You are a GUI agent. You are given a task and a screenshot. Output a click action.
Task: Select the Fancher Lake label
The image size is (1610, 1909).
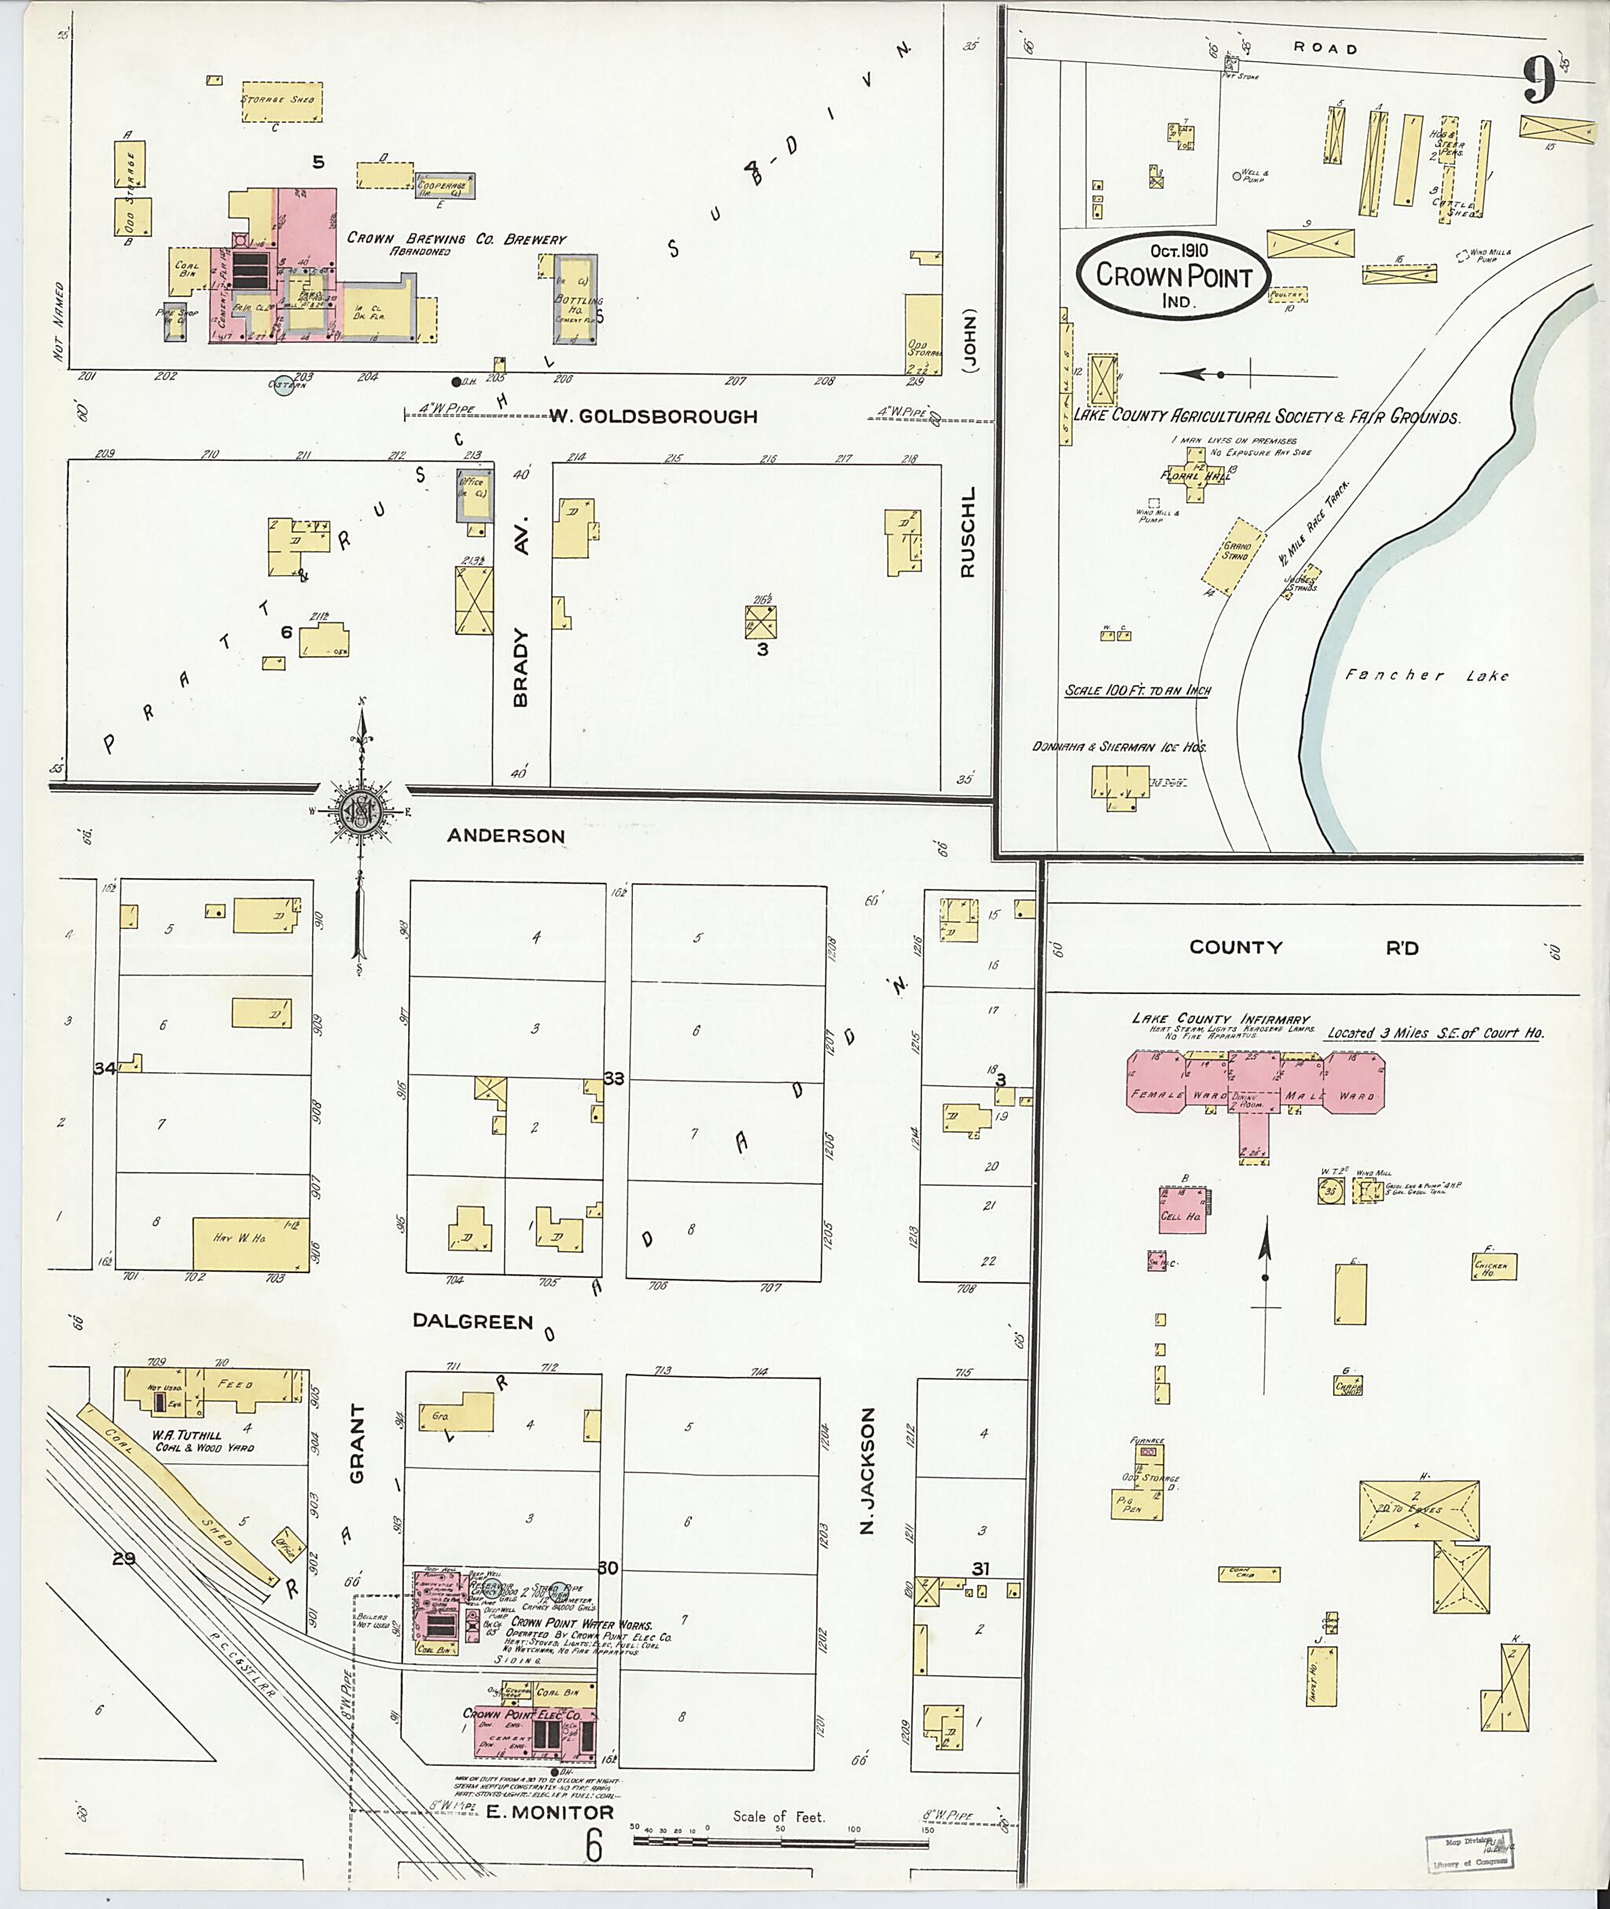(x=1428, y=675)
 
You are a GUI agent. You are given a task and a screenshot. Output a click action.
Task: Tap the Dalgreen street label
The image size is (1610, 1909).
(x=472, y=1320)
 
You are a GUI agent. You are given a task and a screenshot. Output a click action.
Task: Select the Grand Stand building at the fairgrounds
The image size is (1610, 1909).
(x=1235, y=556)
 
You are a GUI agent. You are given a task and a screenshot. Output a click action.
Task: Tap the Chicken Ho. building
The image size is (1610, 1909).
(x=1495, y=1267)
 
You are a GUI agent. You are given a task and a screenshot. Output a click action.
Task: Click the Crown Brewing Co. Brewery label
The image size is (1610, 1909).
(x=456, y=240)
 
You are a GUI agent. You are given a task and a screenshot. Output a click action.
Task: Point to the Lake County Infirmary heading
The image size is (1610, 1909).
(x=1220, y=1019)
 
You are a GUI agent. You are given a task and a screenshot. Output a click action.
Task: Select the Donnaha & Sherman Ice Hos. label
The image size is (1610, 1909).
(x=1119, y=747)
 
